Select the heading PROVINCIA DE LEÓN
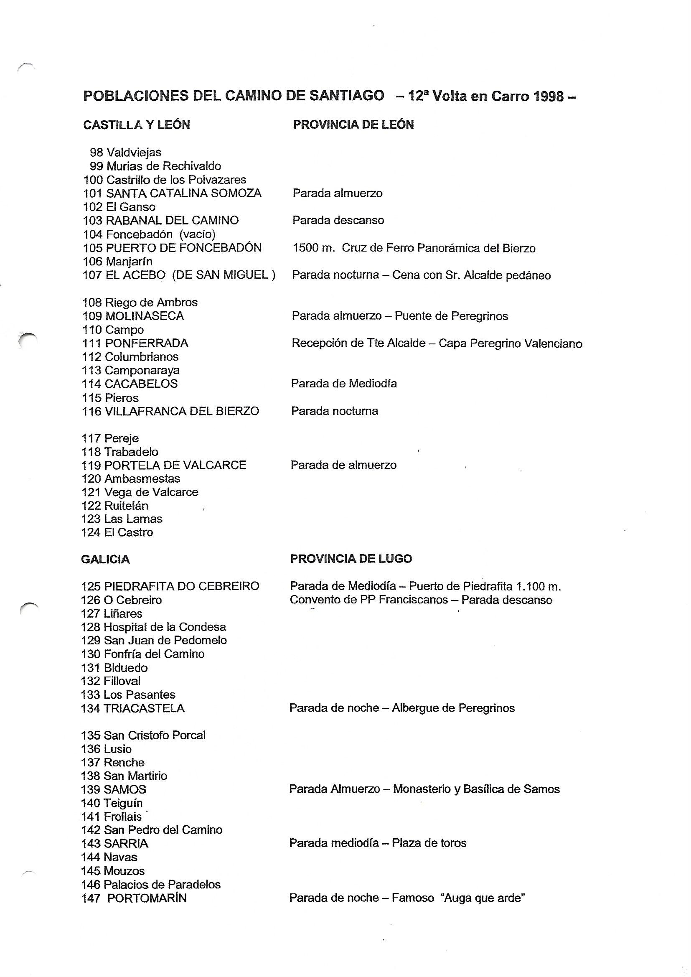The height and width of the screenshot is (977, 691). pyautogui.click(x=353, y=125)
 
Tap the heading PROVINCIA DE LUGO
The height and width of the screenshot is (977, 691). pyautogui.click(x=351, y=559)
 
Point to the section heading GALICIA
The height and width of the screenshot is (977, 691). pyautogui.click(x=105, y=559)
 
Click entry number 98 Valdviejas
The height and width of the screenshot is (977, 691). pyautogui.click(x=125, y=153)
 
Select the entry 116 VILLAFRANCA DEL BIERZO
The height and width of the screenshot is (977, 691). pyautogui.click(x=170, y=411)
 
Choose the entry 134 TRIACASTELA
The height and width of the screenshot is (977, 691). pyautogui.click(x=133, y=708)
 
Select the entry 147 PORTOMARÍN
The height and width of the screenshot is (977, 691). pyautogui.click(x=134, y=898)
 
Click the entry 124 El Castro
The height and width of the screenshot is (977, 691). pyautogui.click(x=117, y=532)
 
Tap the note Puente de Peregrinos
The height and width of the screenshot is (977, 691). pyautogui.click(x=451, y=316)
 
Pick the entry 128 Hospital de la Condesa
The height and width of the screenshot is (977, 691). pyautogui.click(x=153, y=627)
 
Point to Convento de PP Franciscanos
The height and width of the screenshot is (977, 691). pyautogui.click(x=368, y=600)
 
